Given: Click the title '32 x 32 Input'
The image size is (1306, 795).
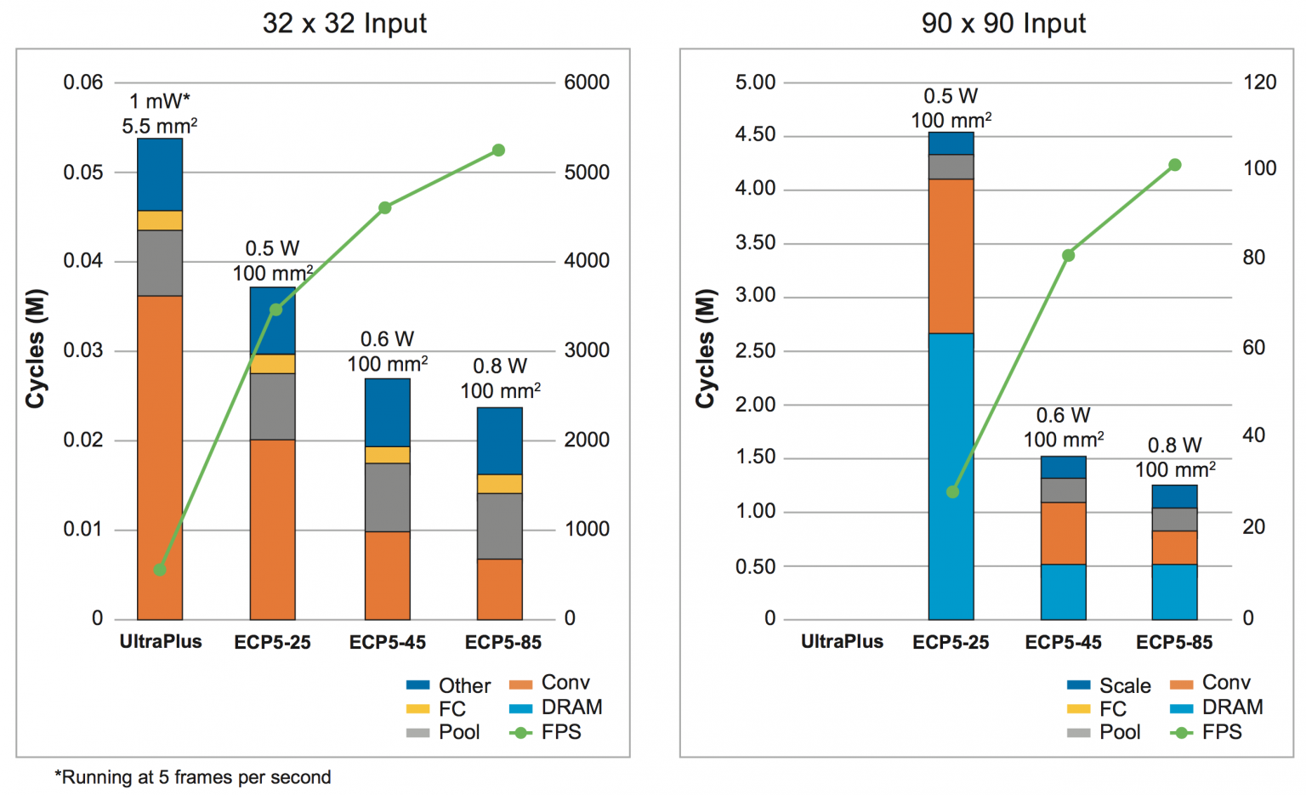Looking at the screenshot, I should (x=344, y=23).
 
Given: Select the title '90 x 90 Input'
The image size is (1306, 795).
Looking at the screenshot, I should (x=1003, y=23).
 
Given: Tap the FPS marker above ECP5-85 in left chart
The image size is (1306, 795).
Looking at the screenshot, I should (x=499, y=150).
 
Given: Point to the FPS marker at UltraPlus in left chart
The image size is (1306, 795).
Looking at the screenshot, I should (x=160, y=570).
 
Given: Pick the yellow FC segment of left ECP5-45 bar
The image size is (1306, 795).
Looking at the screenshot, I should (x=388, y=455).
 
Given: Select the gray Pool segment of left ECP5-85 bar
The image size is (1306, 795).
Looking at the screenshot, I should (x=500, y=525).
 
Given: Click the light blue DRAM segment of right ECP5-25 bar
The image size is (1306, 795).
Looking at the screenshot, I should (x=951, y=476).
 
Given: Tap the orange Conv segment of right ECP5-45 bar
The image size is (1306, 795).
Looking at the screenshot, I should (x=1063, y=533).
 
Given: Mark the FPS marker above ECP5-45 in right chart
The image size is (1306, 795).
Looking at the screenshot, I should (x=1069, y=255).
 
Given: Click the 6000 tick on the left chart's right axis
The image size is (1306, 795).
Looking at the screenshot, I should (x=587, y=82).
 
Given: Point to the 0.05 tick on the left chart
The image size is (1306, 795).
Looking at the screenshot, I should (x=83, y=173).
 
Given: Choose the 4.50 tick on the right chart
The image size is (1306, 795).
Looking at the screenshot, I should (x=755, y=135).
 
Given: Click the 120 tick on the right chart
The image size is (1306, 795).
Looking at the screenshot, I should (x=1259, y=82).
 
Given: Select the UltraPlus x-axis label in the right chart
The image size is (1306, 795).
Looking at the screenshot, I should (x=842, y=642).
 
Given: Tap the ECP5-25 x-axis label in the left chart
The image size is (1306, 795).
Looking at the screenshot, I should (x=272, y=643).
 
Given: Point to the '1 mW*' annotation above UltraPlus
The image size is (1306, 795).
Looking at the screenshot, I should (x=160, y=101).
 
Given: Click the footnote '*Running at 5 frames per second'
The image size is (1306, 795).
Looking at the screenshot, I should (x=193, y=777).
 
